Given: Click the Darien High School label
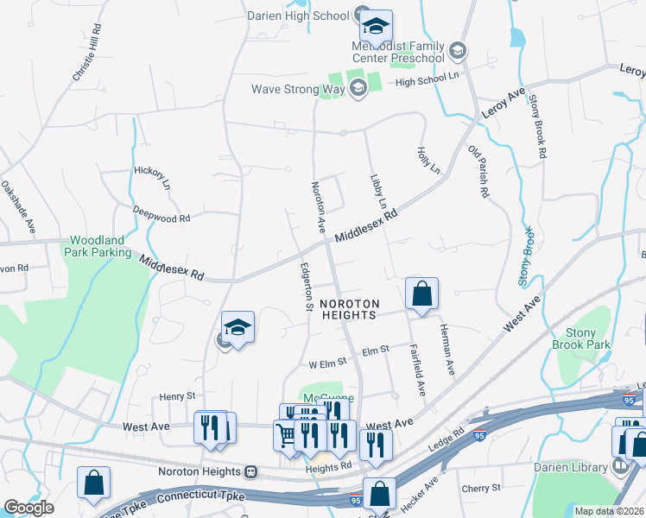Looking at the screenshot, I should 296,16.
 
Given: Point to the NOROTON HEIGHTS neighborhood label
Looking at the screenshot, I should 348,309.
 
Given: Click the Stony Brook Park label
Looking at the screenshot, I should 587,338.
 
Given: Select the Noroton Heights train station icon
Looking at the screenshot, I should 250,472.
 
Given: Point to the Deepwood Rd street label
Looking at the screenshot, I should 161,215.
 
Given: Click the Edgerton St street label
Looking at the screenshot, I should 306,286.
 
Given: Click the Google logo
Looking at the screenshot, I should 28,507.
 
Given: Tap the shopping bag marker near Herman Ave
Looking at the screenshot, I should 421,294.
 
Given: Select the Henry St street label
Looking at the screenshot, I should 178,396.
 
